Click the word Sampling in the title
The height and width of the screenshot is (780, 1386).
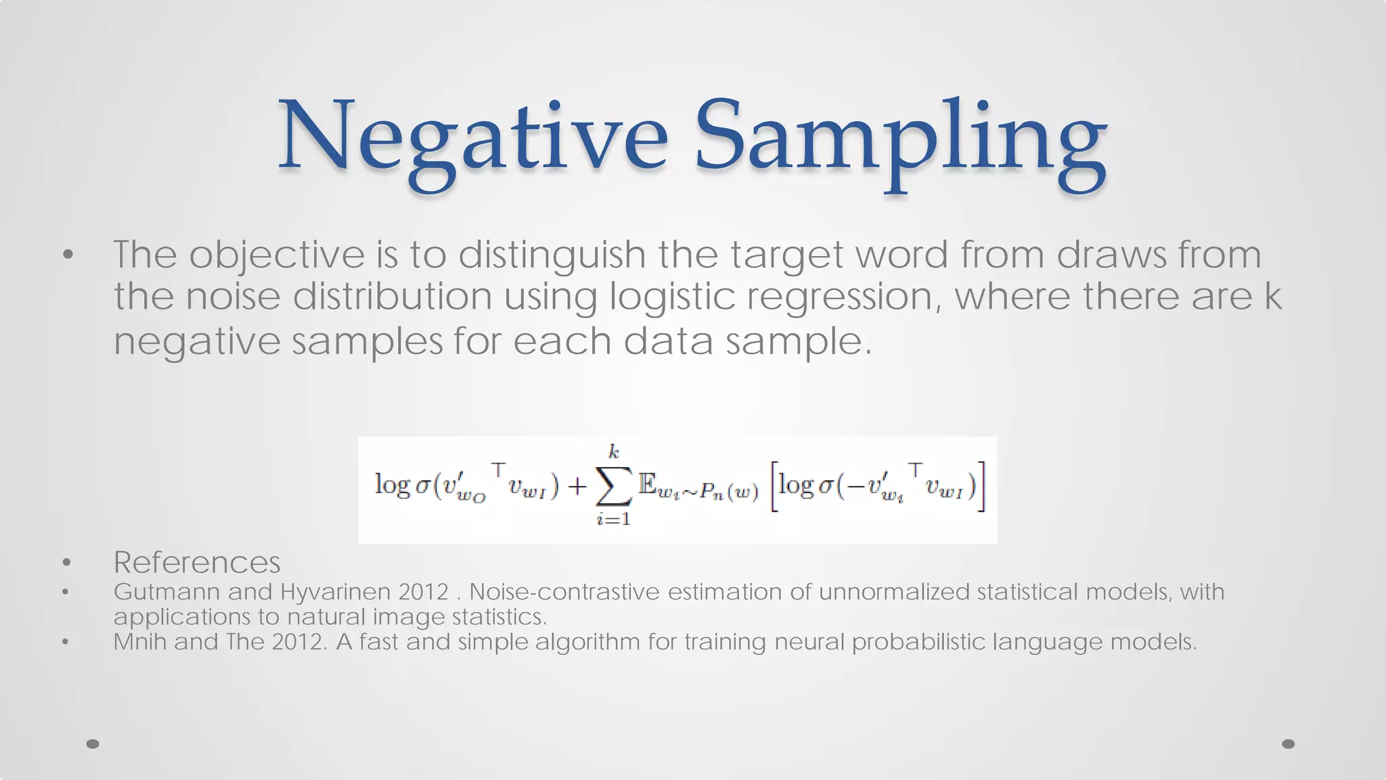(900, 139)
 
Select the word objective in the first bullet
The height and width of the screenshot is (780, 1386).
(277, 255)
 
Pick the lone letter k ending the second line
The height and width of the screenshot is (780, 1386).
(1273, 296)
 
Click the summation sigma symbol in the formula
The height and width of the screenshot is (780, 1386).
(614, 486)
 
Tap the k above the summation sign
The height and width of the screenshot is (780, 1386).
(614, 452)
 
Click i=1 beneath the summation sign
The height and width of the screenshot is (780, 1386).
(614, 519)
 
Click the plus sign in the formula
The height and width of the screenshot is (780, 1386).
(577, 486)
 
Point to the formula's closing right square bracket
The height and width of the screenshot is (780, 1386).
(981, 486)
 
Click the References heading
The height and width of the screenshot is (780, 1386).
(197, 562)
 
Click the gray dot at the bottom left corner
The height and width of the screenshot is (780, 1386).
(93, 744)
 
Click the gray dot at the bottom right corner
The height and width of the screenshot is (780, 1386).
(1289, 744)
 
